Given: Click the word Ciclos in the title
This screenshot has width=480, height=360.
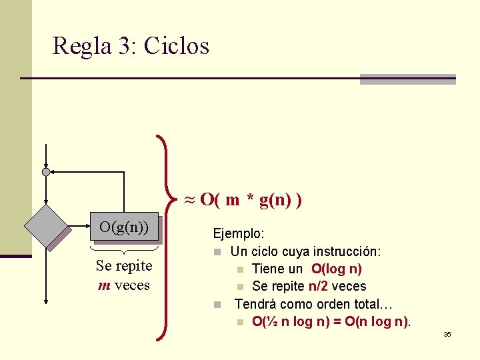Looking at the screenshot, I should tap(176, 46).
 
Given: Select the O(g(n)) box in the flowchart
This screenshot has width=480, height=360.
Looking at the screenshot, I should tap(124, 227).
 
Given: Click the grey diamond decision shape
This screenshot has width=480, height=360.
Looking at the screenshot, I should tap(47, 226).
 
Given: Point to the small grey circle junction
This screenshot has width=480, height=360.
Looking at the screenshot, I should tap(45, 172).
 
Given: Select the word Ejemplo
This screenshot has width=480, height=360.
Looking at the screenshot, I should tap(238, 234).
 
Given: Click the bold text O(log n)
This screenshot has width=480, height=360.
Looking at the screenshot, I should tap(336, 269).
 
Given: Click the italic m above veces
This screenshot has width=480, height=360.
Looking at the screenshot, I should tap(103, 285).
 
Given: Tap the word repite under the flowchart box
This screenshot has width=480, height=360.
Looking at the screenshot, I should tap(133, 266).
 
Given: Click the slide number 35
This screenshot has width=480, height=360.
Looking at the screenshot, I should tap(447, 334).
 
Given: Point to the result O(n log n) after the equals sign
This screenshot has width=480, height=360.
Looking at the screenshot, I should tap(377, 322).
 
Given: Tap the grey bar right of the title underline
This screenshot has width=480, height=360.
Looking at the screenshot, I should tap(407, 79).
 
